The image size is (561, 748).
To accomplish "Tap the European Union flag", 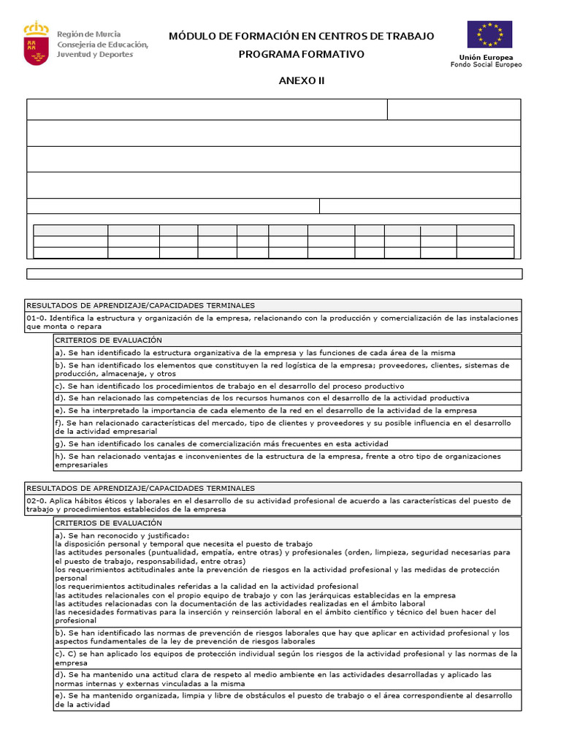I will pos(489,34).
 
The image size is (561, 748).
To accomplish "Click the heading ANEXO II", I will pos(301,80).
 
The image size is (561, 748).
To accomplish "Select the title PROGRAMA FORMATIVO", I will pos(301,55).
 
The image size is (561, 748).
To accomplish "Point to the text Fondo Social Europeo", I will pos(486,65).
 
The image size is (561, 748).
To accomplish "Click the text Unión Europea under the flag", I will pos(486,57).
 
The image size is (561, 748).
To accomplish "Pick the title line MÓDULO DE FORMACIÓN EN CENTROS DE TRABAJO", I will pos(301,36).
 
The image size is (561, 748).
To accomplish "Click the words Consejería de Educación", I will pos(102,45).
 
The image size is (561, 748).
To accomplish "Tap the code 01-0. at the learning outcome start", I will pos(37,318).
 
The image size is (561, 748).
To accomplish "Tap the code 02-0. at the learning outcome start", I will pos(37,500).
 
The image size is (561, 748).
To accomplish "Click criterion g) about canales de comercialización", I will pos(221,443).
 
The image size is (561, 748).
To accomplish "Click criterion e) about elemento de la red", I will pos(266,411).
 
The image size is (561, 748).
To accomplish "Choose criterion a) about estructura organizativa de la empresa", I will pos(255,352).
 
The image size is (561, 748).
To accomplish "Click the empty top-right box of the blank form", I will pos(454,109).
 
